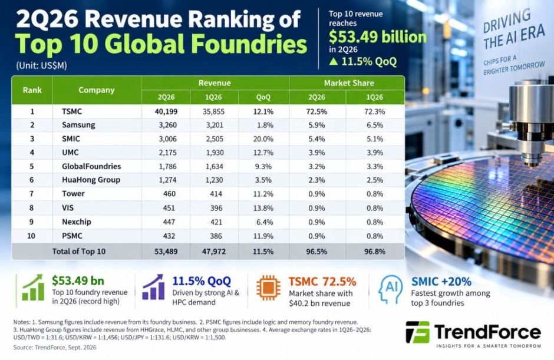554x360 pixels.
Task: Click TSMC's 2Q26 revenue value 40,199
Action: tap(166, 111)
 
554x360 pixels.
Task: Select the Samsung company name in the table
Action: tap(78, 125)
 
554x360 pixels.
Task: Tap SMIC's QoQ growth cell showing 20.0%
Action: tap(263, 139)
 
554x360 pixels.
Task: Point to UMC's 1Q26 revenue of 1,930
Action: tap(215, 153)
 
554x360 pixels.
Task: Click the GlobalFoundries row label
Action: tap(91, 166)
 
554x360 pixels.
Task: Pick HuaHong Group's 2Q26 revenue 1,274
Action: tap(167, 180)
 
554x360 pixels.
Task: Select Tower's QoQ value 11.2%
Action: tap(263, 194)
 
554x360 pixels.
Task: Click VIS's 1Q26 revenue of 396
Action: tap(216, 208)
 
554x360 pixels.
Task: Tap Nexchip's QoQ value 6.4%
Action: tap(265, 222)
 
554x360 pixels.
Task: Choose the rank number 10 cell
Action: tap(31, 236)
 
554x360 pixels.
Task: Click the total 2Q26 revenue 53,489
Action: tap(166, 252)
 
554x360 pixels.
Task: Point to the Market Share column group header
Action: tap(349, 83)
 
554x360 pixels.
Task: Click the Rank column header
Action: tap(32, 90)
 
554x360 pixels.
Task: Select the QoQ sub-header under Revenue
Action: tap(263, 97)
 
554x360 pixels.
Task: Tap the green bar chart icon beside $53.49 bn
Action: tap(33, 288)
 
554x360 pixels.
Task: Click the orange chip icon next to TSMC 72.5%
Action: tap(269, 288)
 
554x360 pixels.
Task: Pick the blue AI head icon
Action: tap(390, 289)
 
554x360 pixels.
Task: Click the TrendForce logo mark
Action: tap(418, 332)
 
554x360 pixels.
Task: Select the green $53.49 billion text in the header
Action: tap(378, 37)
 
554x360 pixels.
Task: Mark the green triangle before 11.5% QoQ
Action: tap(334, 61)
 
